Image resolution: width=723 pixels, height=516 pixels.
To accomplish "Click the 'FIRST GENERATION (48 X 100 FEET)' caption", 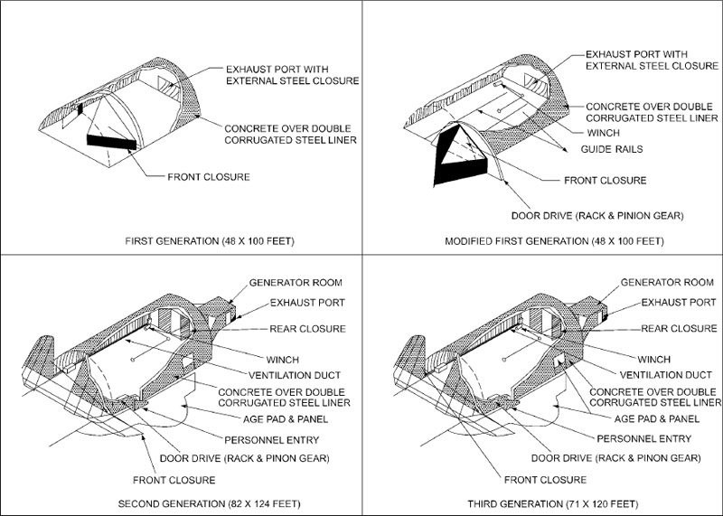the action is click(210, 241).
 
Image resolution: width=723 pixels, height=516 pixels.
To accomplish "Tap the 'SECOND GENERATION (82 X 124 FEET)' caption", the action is click(210, 503).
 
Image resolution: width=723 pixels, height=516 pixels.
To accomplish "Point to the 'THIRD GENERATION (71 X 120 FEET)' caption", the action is click(553, 503).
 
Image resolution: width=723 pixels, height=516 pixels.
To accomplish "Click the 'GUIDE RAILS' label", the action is click(612, 149).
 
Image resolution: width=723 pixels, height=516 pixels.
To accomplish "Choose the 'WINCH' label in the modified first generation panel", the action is click(603, 133).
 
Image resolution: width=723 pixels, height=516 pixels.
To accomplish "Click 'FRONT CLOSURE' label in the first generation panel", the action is click(209, 177).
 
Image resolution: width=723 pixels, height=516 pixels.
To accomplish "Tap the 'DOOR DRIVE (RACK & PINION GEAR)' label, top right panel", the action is click(597, 216).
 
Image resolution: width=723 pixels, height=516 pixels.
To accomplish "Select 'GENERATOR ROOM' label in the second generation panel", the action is click(296, 282).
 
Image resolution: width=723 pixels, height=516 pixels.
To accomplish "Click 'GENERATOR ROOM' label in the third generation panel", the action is click(667, 282).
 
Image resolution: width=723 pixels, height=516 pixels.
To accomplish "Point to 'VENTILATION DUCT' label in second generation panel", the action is click(295, 375).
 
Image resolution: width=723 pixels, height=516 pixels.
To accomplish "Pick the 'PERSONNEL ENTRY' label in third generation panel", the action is click(644, 438).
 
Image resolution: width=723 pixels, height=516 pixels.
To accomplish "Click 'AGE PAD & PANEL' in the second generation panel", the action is click(286, 419).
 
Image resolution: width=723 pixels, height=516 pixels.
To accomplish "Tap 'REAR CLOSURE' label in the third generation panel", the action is click(680, 328).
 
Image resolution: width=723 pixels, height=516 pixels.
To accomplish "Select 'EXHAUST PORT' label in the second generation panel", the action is click(307, 303).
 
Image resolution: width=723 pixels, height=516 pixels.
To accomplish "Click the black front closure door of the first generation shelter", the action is click(111, 142).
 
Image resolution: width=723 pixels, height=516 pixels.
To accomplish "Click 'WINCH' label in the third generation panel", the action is click(653, 360).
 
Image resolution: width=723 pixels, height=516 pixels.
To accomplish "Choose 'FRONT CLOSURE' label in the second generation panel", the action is click(174, 480).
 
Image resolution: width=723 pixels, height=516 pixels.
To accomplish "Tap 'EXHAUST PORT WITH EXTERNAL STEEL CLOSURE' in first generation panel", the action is click(292, 75).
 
